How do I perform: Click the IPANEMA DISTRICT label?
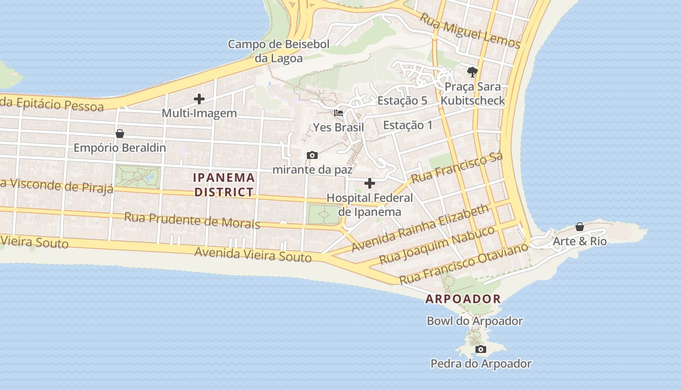tap(224, 185)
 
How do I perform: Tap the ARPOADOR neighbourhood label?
tap(463, 299)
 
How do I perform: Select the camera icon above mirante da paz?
tap(312, 156)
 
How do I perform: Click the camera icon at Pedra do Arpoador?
tap(481, 349)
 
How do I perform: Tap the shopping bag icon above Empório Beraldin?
tap(120, 134)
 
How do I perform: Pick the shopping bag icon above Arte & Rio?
tap(580, 227)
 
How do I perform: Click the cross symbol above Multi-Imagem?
tap(199, 99)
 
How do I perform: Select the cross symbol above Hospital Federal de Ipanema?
tap(370, 183)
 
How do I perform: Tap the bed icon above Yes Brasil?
tap(339, 113)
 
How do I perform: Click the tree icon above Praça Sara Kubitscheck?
tap(472, 73)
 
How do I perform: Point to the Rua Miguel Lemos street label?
tap(470, 31)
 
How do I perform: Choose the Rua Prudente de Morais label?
tap(192, 220)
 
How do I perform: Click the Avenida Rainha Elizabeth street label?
tap(420, 228)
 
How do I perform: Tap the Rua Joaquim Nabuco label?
tap(437, 245)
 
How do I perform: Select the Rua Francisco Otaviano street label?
tap(463, 264)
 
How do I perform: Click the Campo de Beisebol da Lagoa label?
tap(279, 51)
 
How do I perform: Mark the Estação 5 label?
tap(402, 101)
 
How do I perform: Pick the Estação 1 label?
tap(408, 125)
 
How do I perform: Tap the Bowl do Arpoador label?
tap(474, 321)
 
